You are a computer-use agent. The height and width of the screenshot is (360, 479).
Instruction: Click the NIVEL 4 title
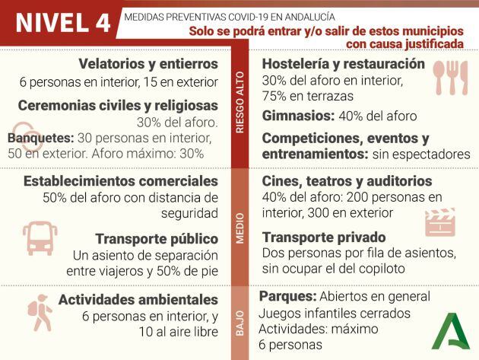coord(62,23)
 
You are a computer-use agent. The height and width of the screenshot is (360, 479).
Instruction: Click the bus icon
coord(40,237)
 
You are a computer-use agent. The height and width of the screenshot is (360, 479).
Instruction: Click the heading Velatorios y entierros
coord(148,63)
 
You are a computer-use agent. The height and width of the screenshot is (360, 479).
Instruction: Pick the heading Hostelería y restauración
coord(343,63)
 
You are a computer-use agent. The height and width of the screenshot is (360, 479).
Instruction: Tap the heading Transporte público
coord(157,238)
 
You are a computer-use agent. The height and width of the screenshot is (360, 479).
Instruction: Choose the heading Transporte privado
coord(324,237)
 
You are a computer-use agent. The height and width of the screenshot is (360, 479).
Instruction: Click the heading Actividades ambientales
coord(138,300)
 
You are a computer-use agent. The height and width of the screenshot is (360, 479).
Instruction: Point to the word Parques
coord(287,296)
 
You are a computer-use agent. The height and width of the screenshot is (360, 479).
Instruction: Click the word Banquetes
coord(40,139)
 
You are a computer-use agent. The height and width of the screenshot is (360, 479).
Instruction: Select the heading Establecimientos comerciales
coord(121,181)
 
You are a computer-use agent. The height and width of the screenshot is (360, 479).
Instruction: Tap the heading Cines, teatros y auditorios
coord(347,181)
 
